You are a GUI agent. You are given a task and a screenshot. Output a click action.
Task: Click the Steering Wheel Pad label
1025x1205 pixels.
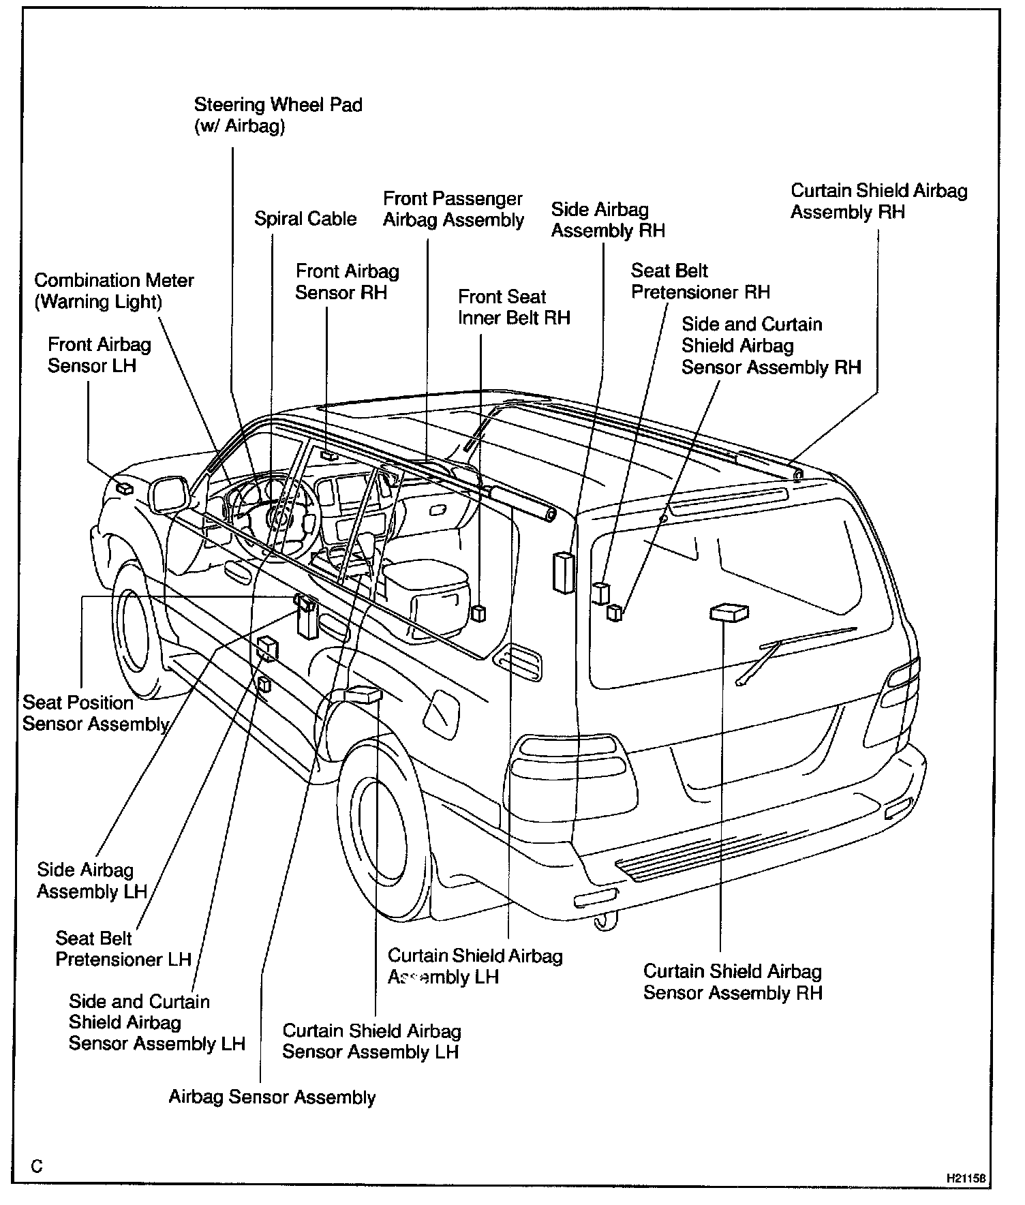point(277,115)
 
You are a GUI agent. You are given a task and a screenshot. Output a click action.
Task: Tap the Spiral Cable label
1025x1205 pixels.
point(305,219)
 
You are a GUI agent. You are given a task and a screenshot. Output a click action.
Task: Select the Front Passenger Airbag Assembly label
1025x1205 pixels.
point(453,209)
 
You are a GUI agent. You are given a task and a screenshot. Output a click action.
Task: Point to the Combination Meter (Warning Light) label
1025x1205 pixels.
point(114,291)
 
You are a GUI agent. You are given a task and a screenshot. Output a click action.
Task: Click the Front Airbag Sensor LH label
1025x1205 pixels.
point(99,355)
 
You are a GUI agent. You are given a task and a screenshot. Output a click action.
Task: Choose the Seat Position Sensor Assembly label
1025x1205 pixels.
point(95,713)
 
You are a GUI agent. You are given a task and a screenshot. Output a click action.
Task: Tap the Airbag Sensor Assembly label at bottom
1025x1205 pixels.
point(272,1097)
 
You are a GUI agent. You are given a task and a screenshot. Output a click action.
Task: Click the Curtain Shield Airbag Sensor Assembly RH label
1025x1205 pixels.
point(733,981)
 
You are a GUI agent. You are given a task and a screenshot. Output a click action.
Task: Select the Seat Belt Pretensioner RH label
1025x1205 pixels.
point(700,281)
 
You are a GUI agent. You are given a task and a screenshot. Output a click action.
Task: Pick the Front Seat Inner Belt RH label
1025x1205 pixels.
point(514,307)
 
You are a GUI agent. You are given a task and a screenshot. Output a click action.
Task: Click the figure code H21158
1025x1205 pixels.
point(966,1177)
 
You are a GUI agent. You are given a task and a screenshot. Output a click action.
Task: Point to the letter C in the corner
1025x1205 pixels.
point(37,1167)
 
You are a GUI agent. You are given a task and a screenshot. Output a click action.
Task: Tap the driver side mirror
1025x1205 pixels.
point(168,493)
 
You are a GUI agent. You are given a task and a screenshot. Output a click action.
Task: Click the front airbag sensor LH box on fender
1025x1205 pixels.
point(125,487)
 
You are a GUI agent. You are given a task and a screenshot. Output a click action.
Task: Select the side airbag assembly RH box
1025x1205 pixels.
point(563,573)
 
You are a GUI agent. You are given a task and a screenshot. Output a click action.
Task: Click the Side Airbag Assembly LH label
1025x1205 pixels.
point(92,881)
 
